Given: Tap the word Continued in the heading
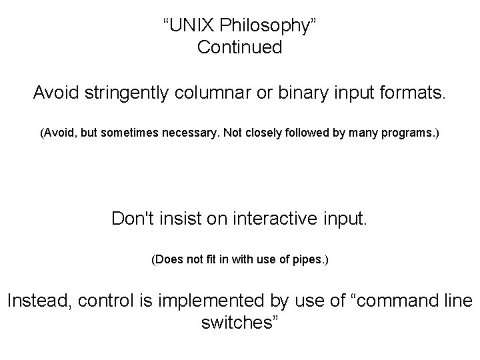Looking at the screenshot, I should coord(240,48).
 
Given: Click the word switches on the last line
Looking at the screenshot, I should coord(237,323).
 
